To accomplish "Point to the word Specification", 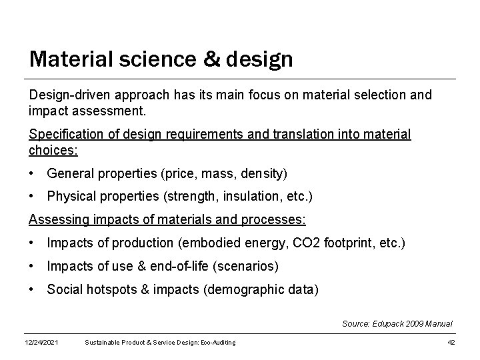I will click(65, 135).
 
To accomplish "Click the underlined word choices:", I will click(53, 149).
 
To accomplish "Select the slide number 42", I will click(451, 343).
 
